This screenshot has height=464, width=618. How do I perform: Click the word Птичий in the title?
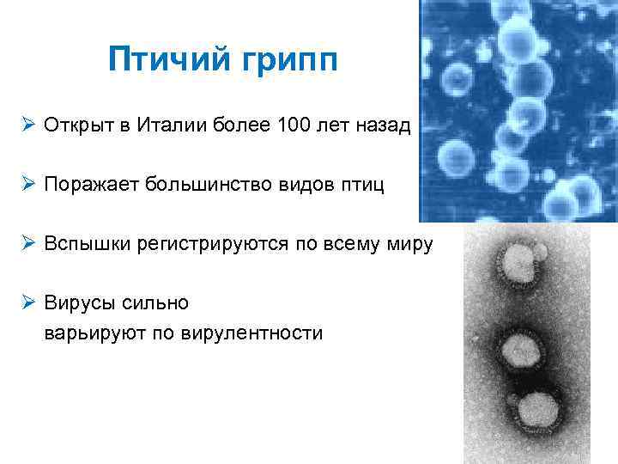tap(162, 60)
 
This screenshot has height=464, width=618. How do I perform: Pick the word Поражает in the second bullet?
tap(93, 185)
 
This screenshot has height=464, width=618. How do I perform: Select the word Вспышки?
tap(85, 244)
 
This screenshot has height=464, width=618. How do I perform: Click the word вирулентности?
tap(252, 333)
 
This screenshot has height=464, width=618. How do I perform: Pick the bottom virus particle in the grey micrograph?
tap(536, 408)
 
